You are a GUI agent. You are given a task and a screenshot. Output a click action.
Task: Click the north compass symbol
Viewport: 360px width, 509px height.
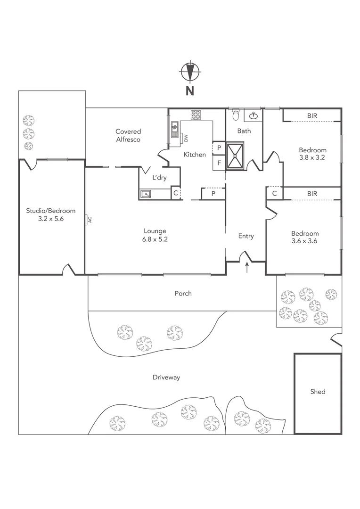coord(190,72)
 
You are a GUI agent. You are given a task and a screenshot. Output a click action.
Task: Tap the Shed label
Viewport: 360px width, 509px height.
coord(318,392)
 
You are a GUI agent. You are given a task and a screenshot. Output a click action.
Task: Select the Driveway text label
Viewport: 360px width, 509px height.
coord(166,378)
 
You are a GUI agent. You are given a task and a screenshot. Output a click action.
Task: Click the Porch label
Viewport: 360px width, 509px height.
coord(183,294)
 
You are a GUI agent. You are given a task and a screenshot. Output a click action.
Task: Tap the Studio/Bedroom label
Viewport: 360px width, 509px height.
coord(50,211)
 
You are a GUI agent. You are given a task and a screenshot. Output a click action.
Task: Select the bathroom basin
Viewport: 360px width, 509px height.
coord(253,115)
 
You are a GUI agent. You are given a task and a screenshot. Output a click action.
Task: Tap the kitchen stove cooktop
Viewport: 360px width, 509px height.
coord(196,115)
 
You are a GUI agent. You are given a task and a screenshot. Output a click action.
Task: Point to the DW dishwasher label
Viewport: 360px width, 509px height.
coord(186,138)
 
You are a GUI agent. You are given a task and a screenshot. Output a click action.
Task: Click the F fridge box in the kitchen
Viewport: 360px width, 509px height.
coord(219,163)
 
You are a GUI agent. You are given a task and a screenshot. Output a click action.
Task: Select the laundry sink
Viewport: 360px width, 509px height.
coord(146,193)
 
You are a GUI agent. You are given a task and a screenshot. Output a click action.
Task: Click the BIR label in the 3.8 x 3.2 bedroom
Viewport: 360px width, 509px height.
coord(312,115)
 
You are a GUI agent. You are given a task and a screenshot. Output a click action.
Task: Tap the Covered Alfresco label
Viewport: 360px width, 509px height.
coord(129,135)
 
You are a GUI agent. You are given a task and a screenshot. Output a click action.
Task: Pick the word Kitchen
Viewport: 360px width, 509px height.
coord(195,155)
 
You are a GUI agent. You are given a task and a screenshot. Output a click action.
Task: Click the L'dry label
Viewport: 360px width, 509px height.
coord(159,178)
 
